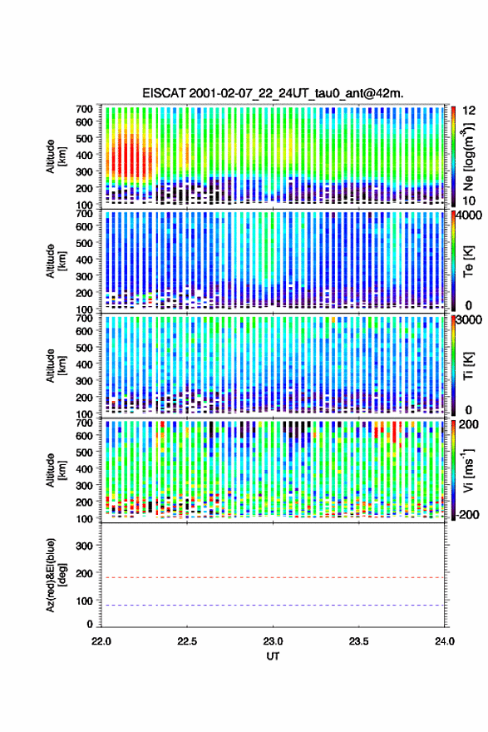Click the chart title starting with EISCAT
pyautogui.click(x=273, y=93)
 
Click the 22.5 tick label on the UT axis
pyautogui.click(x=187, y=641)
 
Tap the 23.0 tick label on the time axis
pyautogui.click(x=273, y=641)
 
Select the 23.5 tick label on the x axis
pyautogui.click(x=359, y=641)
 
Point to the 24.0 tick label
pyautogui.click(x=444, y=641)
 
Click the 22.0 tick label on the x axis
pyautogui.click(x=101, y=641)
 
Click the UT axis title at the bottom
pyautogui.click(x=273, y=656)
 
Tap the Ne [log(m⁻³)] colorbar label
pyautogui.click(x=469, y=156)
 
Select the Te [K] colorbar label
pyautogui.click(x=468, y=261)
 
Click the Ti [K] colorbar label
pyautogui.click(x=468, y=365)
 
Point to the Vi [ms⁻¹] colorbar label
pyautogui.click(x=469, y=470)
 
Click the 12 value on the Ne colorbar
pyautogui.click(x=469, y=110)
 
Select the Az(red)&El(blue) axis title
pyautogui.click(x=56, y=575)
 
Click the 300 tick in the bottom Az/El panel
pyautogui.click(x=84, y=546)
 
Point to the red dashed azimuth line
pyautogui.click(x=273, y=577)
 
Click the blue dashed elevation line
pyautogui.click(x=273, y=605)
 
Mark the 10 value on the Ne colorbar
pyautogui.click(x=469, y=200)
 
